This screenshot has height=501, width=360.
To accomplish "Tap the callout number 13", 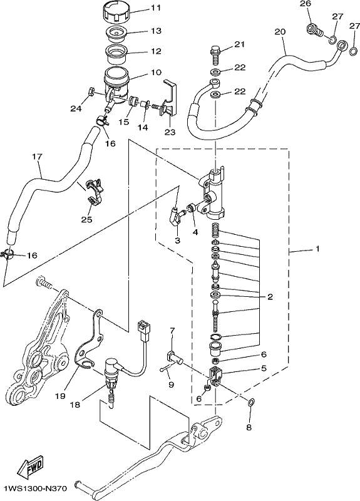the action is coord(156,31).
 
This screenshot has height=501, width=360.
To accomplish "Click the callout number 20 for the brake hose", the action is coord(280,32).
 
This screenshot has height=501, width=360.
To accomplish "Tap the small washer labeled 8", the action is coord(251,401).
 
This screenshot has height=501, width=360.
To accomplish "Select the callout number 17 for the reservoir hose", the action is coord(37,157).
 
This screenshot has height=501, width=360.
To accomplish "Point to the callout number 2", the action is coord(270,297).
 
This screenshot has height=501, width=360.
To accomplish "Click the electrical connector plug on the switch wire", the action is coord(143,329).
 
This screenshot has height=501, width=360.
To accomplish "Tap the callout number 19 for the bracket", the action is coord(59,396).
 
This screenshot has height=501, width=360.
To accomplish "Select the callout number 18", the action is coord(76,405).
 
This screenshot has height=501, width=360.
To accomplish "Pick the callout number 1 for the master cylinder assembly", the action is coord(317,248).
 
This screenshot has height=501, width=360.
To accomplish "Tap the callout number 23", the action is coord(170,132).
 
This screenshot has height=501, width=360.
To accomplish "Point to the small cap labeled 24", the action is coord(90,91).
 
